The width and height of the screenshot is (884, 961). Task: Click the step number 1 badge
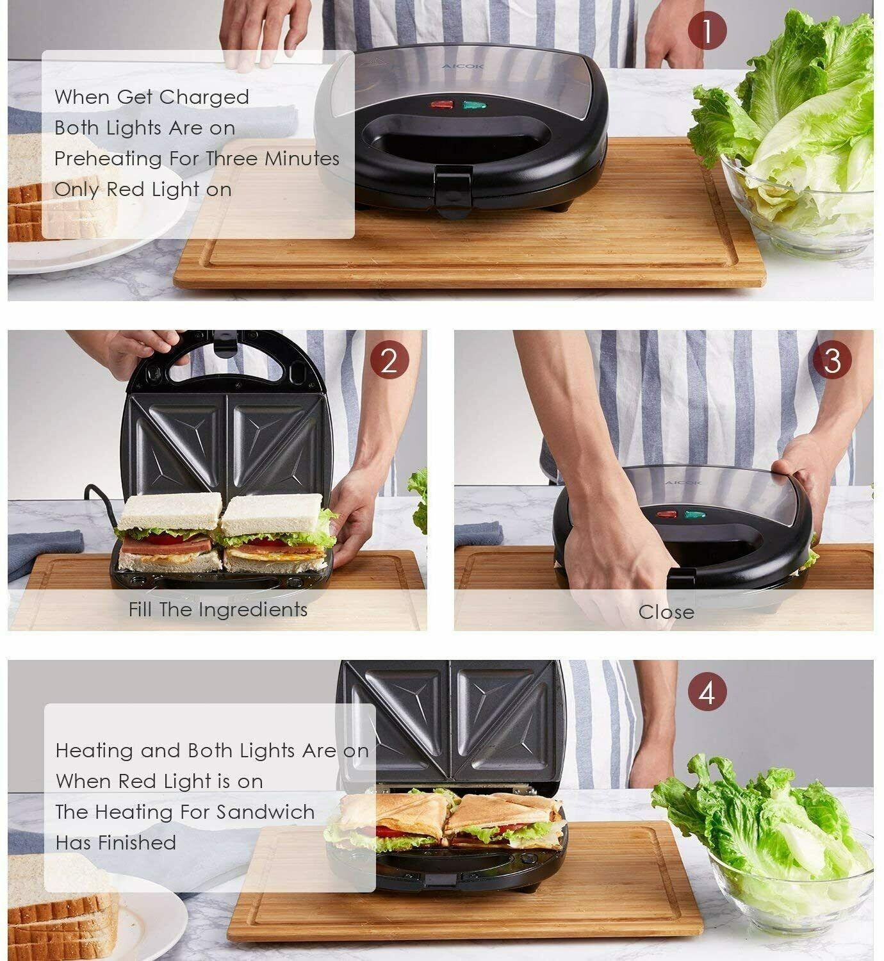(x=707, y=31)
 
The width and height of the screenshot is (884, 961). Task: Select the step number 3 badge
(x=831, y=361)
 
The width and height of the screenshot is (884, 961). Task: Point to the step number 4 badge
(x=707, y=693)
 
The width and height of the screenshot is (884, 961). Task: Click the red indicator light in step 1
(x=441, y=104)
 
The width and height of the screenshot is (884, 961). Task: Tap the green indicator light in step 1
(x=473, y=104)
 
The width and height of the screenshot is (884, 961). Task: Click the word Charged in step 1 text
(x=204, y=97)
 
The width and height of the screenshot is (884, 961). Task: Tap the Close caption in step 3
(x=666, y=612)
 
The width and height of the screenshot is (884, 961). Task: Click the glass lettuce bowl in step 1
(x=798, y=205)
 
